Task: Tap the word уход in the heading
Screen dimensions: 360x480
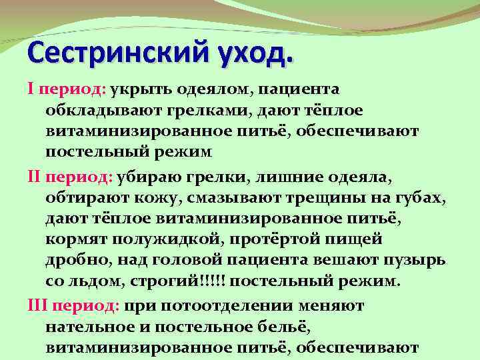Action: [253, 51]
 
